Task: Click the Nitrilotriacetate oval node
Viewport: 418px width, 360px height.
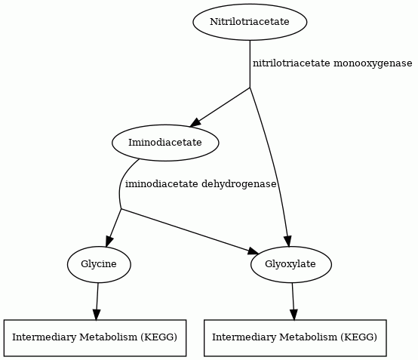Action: click(250, 22)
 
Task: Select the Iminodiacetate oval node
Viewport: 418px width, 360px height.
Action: click(165, 143)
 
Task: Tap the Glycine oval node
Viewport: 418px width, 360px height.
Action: click(99, 264)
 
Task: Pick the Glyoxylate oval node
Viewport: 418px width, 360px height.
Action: click(291, 264)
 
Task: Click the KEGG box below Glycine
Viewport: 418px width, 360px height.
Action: click(95, 338)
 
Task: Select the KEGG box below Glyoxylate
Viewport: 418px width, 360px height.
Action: click(295, 338)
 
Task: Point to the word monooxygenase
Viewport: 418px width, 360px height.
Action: click(373, 63)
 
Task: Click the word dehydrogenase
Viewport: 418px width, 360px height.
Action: click(239, 184)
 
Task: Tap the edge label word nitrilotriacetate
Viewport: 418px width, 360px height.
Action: click(291, 63)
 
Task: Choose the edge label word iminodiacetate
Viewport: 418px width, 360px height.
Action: click(161, 184)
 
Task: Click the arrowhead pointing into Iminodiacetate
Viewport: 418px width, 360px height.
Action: click(195, 122)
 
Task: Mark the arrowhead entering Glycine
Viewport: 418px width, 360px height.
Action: click(109, 242)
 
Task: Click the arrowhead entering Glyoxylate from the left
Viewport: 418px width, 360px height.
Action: click(253, 251)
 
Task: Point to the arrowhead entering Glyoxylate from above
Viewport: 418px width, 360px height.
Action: click(288, 241)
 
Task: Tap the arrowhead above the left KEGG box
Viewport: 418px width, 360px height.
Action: click(97, 315)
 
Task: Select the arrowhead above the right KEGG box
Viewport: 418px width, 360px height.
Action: click(294, 315)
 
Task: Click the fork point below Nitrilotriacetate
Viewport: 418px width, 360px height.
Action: click(250, 88)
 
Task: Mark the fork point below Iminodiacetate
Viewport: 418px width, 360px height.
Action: click(121, 209)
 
